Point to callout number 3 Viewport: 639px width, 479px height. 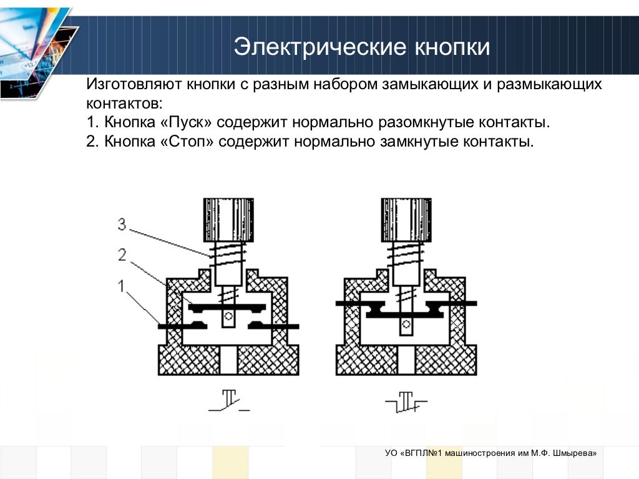point(122,225)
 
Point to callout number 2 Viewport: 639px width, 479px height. point(122,254)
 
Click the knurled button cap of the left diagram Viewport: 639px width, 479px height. point(228,220)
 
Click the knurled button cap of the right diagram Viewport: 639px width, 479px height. point(406,220)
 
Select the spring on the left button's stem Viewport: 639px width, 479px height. point(228,253)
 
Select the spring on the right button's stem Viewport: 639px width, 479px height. point(406,253)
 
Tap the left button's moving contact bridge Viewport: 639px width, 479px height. point(228,307)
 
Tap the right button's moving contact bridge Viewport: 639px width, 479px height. point(406,312)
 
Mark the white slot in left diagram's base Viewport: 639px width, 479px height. point(228,360)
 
